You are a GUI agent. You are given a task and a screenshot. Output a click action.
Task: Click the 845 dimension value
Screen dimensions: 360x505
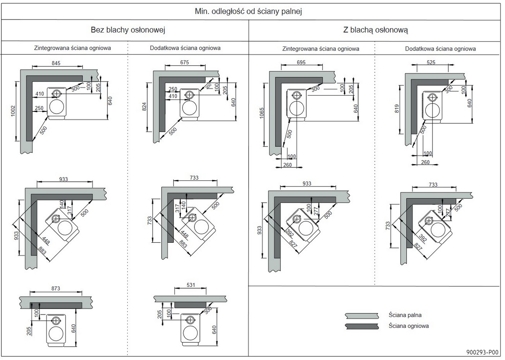point(56,63)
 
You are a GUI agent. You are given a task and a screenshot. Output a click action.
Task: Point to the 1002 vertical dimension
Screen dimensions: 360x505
point(13,111)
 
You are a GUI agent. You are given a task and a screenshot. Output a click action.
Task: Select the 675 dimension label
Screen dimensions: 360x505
point(184,62)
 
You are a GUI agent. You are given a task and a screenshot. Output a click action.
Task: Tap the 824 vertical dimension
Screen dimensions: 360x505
point(144,107)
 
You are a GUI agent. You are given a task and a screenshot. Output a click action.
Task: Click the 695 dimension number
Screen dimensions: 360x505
point(301,62)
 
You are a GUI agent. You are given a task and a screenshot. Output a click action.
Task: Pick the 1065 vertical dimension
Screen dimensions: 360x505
point(262,113)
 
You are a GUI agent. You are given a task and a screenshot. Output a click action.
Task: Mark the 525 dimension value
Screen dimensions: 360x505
point(431,62)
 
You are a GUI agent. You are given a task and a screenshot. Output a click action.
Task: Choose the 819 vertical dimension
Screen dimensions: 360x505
point(397,109)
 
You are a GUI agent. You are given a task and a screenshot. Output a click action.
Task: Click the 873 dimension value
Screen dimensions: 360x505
point(56,289)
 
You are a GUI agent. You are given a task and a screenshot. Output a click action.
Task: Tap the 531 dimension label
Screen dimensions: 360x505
point(190,285)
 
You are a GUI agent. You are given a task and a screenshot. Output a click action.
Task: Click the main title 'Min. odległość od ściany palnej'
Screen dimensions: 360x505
point(248,11)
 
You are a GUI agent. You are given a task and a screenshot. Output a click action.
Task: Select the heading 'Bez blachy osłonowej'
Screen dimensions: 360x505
point(128,30)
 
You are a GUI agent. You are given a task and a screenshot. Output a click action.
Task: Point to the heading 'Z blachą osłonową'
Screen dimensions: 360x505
point(375,30)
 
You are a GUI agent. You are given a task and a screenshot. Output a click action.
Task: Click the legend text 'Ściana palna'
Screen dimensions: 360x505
point(405,315)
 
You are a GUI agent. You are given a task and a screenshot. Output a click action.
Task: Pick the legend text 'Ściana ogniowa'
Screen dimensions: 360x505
point(408,326)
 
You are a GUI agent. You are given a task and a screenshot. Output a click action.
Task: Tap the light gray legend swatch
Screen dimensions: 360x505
point(361,316)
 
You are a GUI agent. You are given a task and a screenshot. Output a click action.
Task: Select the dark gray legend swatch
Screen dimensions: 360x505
point(361,326)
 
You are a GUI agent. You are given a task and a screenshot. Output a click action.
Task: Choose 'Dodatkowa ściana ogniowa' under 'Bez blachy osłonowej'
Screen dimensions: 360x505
point(185,48)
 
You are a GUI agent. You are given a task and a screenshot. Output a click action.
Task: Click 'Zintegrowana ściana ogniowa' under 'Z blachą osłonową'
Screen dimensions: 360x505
point(321,49)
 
